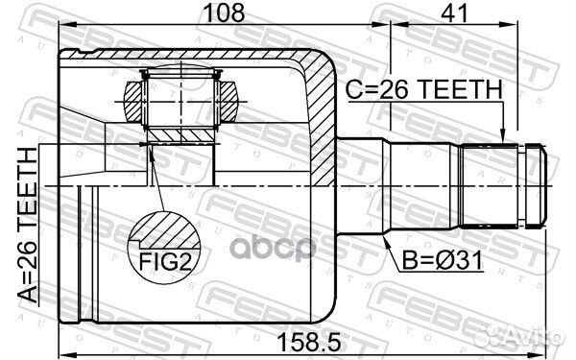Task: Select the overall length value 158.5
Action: [304, 338]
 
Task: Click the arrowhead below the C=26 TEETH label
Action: [502, 136]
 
